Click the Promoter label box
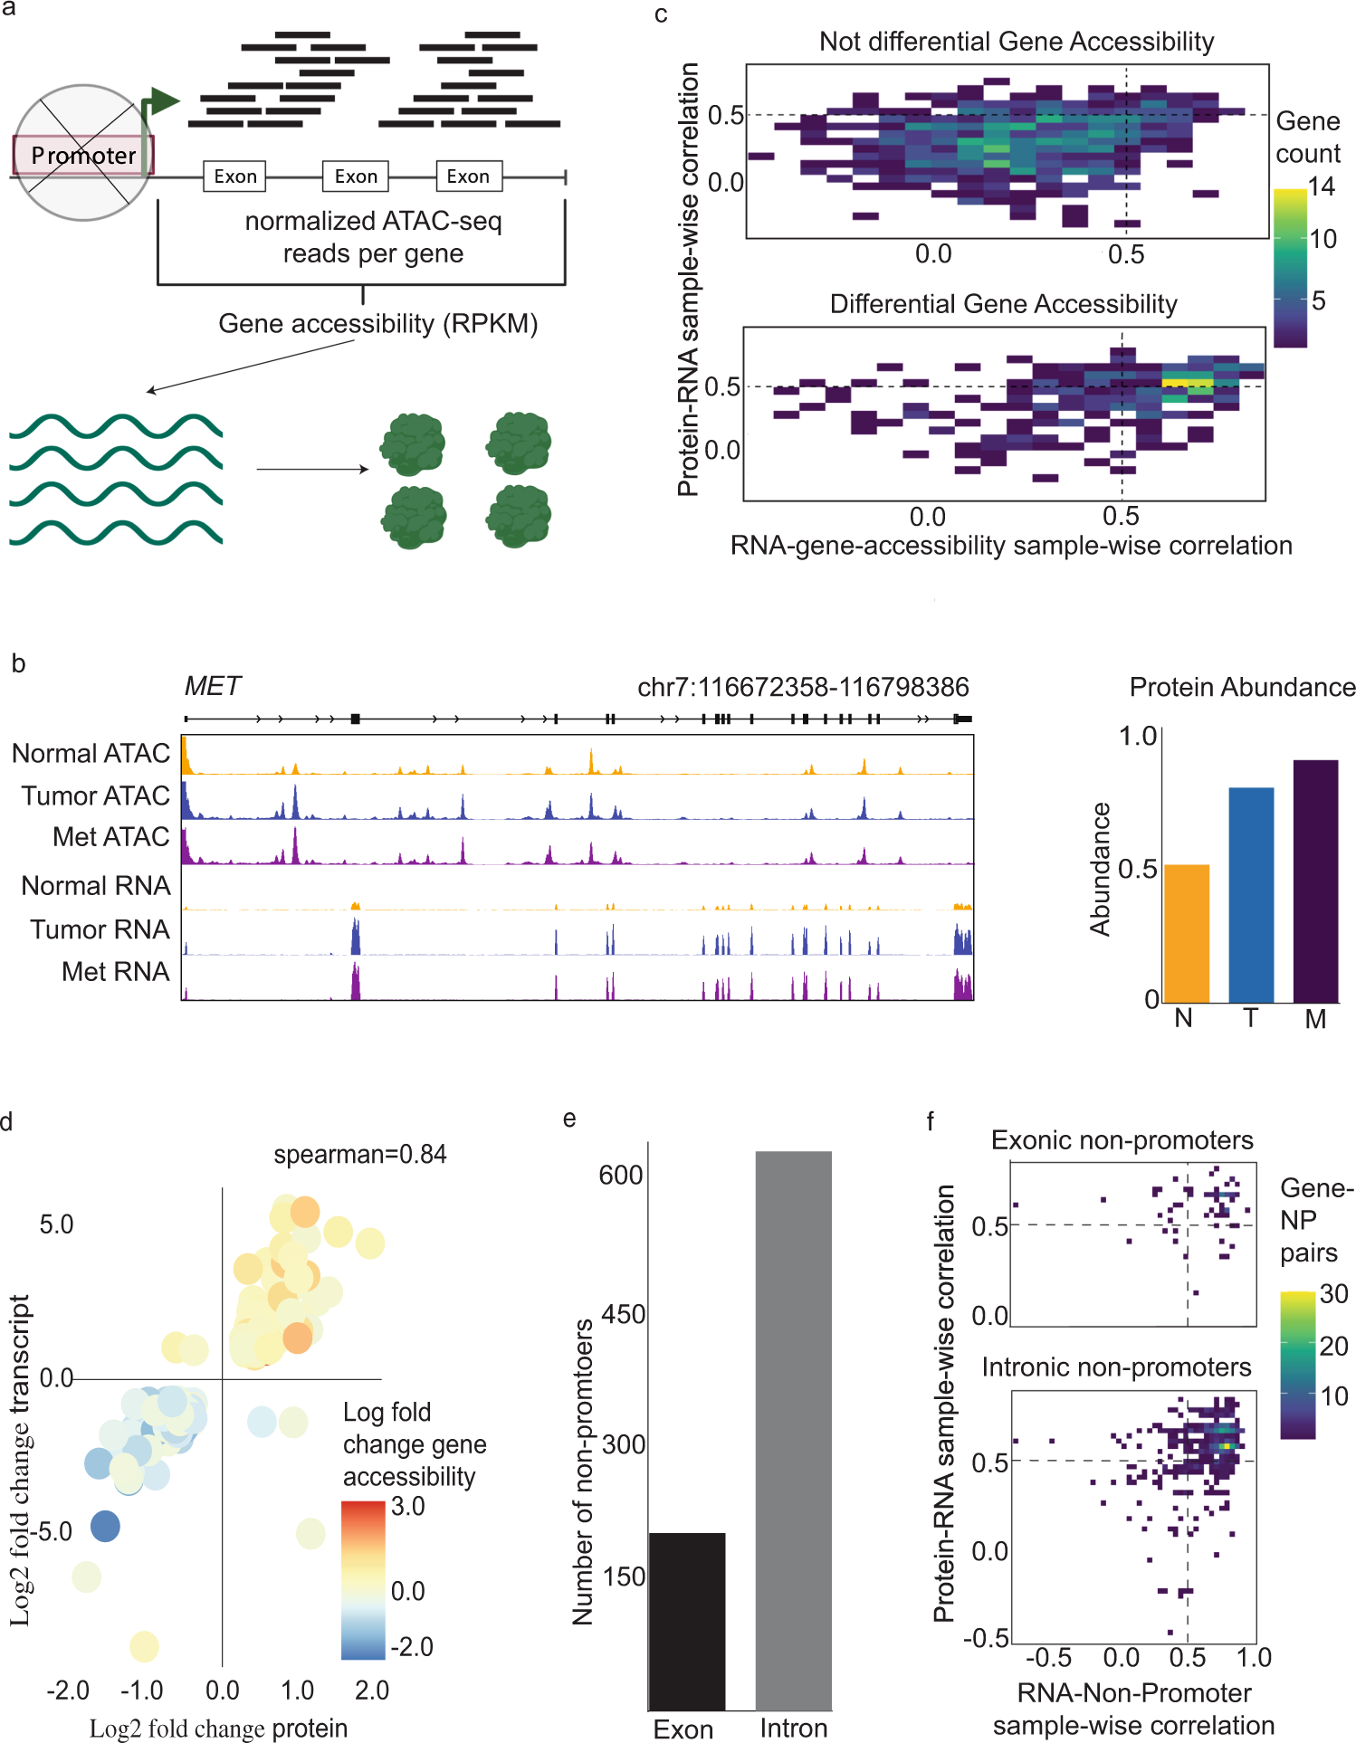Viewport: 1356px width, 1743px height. [x=83, y=155]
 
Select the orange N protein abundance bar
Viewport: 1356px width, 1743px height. [x=1186, y=932]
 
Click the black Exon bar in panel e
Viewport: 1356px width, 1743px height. [x=687, y=1620]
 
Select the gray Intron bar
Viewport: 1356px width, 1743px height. [x=793, y=1430]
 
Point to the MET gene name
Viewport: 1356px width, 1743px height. [x=213, y=686]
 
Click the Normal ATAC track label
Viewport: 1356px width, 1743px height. [x=91, y=753]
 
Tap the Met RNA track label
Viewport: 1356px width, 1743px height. [x=115, y=971]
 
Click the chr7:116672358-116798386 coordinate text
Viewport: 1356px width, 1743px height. [x=803, y=687]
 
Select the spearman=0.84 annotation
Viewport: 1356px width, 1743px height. [x=360, y=1154]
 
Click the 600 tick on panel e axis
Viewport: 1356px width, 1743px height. [x=621, y=1175]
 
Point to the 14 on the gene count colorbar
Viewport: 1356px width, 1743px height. [x=1322, y=186]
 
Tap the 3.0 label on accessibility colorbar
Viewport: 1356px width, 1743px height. [x=408, y=1506]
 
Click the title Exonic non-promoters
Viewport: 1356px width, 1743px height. [x=1122, y=1139]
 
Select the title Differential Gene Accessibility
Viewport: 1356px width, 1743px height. [x=1003, y=304]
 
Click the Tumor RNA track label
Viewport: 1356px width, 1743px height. [x=100, y=929]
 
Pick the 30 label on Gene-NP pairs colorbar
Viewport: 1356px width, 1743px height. [x=1333, y=1293]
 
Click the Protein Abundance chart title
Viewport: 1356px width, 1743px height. [x=1242, y=687]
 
